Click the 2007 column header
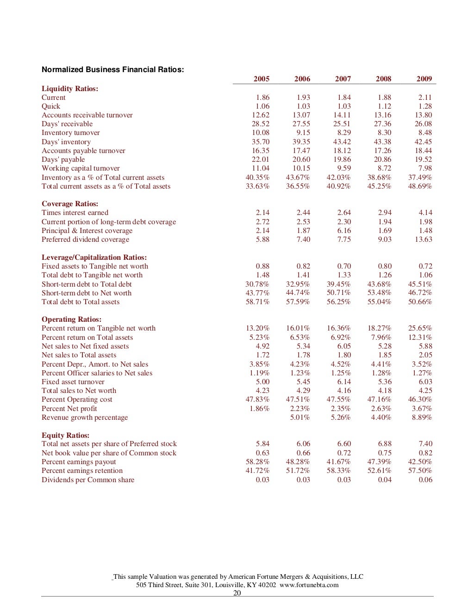[x=343, y=79]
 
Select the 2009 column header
[x=424, y=79]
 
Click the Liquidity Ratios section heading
[x=70, y=89]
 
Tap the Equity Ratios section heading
[x=65, y=435]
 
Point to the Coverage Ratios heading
[x=70, y=204]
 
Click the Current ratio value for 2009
[x=425, y=98]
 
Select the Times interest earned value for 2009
[x=425, y=213]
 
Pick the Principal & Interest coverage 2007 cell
[x=344, y=231]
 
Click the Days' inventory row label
[x=66, y=142]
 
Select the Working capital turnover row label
[x=81, y=168]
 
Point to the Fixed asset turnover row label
[x=73, y=382]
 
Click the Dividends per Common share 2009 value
[x=425, y=480]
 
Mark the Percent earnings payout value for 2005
[x=257, y=462]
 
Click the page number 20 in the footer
[x=237, y=593]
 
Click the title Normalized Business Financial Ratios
[x=113, y=70]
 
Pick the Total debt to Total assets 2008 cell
[x=379, y=302]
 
